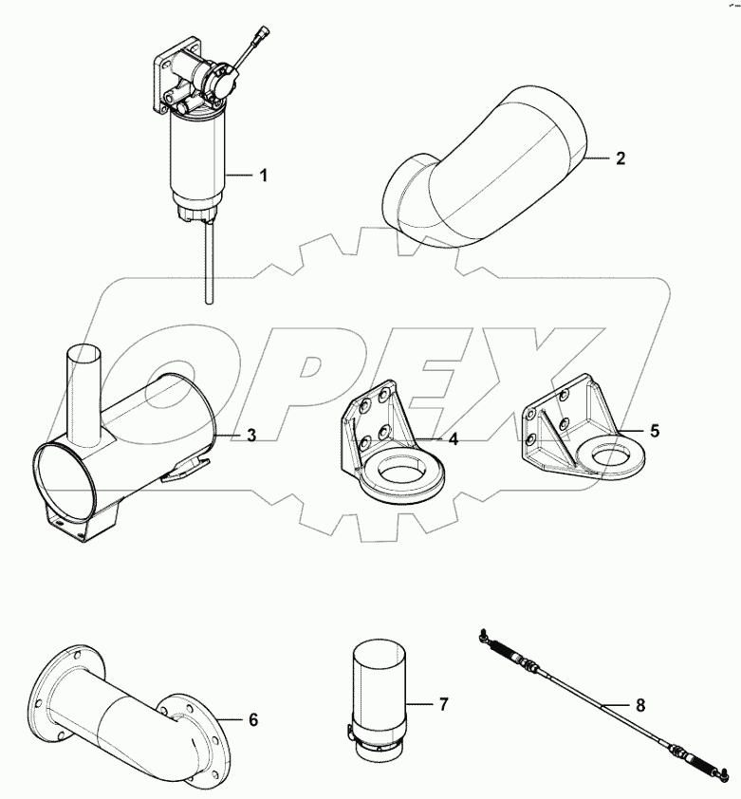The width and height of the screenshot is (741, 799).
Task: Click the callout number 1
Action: (264, 176)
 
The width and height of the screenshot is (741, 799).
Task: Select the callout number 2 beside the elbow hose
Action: (620, 158)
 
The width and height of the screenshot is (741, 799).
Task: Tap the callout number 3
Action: (251, 436)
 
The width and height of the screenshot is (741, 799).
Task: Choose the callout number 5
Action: (654, 430)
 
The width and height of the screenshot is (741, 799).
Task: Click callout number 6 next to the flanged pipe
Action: (253, 719)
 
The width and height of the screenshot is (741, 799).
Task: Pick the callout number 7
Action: (443, 704)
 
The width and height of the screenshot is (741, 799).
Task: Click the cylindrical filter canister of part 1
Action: (196, 161)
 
